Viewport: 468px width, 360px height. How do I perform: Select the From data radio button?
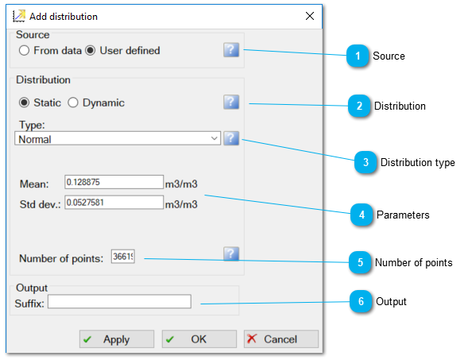[24, 50]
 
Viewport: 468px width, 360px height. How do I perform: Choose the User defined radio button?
[90, 50]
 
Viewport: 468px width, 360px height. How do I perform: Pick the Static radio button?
[24, 103]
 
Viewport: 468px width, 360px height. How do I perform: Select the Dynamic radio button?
[73, 103]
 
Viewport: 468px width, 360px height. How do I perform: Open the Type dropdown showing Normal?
[118, 138]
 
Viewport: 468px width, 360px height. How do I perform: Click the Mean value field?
[114, 182]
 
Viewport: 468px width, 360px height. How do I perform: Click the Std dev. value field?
[114, 203]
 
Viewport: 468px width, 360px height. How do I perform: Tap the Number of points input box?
[123, 257]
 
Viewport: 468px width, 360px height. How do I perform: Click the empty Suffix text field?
[119, 301]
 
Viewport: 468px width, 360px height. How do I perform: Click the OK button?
[199, 339]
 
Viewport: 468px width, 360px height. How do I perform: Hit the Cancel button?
[281, 339]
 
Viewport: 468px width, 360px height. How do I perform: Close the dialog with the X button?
[310, 16]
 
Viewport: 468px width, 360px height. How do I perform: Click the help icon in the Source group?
[231, 49]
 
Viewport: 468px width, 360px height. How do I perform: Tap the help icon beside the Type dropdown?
[231, 138]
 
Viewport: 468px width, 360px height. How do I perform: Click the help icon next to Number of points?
[231, 254]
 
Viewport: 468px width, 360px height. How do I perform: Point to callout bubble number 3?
[366, 162]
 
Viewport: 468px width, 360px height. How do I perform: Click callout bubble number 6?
[361, 301]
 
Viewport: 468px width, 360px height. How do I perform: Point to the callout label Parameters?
[403, 215]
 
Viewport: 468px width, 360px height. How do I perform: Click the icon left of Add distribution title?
[19, 16]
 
